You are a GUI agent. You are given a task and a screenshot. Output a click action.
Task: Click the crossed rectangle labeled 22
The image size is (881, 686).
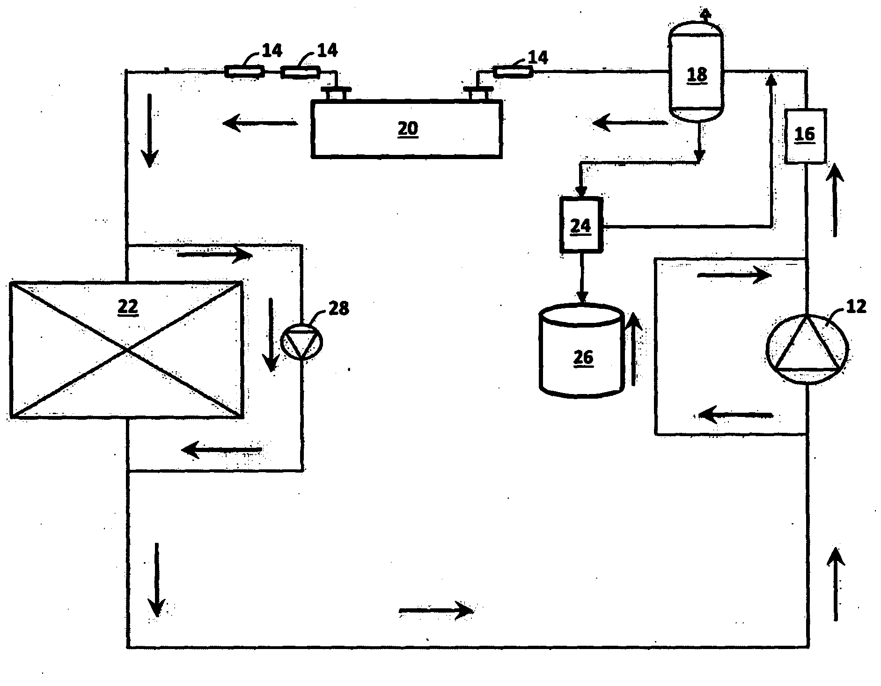click(x=126, y=349)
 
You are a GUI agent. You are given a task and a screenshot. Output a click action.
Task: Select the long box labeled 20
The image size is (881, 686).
click(x=406, y=129)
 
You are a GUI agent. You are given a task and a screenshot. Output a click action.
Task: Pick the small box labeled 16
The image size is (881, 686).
click(x=805, y=136)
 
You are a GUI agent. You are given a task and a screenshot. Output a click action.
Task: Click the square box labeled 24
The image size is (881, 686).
click(x=581, y=226)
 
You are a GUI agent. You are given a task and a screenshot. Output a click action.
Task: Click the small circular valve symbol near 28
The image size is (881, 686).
click(x=302, y=342)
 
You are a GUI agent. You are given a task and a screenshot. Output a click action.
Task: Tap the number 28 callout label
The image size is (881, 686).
click(x=338, y=308)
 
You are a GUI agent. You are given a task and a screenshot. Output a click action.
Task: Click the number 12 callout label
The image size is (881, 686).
click(x=856, y=307)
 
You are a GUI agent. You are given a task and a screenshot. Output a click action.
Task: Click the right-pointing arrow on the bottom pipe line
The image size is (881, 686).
click(x=435, y=610)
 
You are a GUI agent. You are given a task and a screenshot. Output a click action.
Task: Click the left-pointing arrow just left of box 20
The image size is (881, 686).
click(x=260, y=124)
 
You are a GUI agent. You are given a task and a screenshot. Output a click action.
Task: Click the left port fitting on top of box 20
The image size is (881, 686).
click(x=336, y=93)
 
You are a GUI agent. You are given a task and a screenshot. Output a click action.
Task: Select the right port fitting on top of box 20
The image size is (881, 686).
click(x=477, y=93)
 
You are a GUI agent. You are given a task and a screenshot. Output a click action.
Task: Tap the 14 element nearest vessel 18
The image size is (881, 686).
click(x=513, y=72)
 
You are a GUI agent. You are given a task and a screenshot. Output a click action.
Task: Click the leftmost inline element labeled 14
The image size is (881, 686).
click(x=244, y=72)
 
